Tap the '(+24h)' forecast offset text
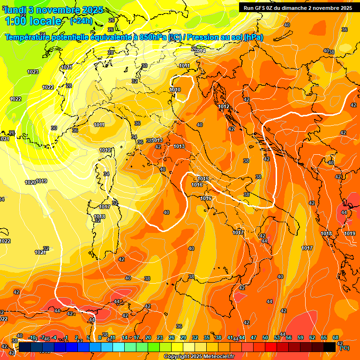(x=81, y=21)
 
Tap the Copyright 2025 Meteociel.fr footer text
(x=199, y=357)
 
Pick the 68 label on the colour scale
(x=336, y=337)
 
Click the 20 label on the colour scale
(x=148, y=337)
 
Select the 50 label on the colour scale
(x=265, y=337)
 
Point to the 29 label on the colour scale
(x=183, y=337)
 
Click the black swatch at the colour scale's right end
(x=330, y=347)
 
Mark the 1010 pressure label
(x=175, y=90)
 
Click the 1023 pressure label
(x=33, y=72)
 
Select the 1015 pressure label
(x=203, y=179)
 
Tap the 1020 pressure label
(x=30, y=182)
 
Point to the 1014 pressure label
(x=200, y=51)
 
